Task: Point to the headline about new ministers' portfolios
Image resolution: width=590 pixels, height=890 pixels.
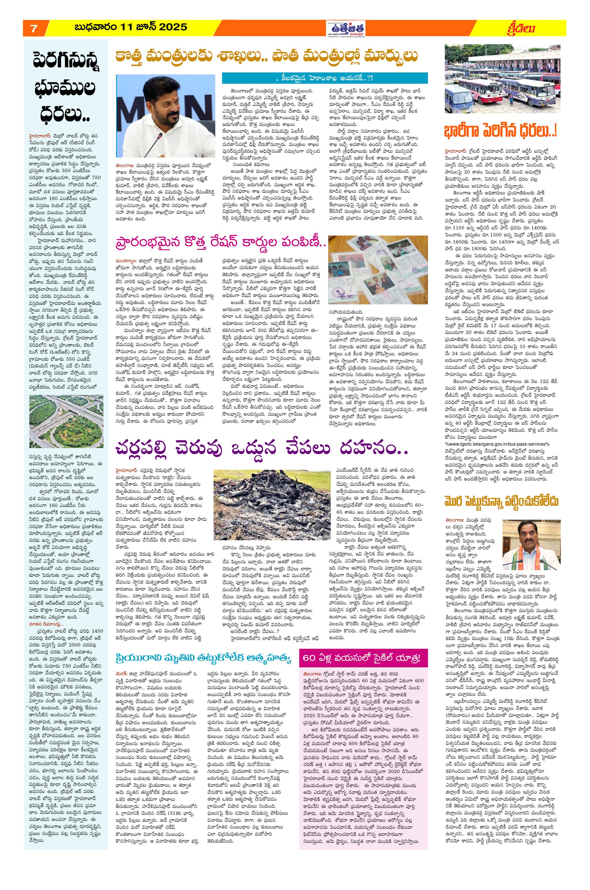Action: point(267,56)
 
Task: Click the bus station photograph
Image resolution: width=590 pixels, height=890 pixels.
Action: point(502,79)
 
